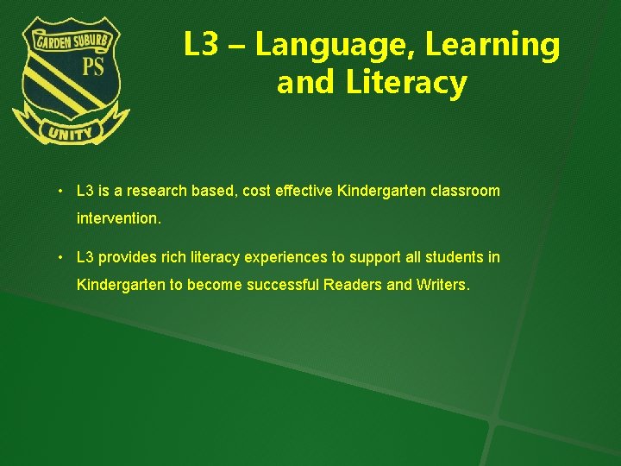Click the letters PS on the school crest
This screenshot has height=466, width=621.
coord(92,67)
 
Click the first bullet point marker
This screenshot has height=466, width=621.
coord(62,191)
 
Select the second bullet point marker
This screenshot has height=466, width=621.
coord(62,258)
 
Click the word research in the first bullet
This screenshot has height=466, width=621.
coord(158,191)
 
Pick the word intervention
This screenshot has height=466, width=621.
coord(118,219)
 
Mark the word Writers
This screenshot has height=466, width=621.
coord(441,285)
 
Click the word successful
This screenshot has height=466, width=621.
coord(283,285)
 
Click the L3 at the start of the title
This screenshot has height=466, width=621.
coord(200,46)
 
